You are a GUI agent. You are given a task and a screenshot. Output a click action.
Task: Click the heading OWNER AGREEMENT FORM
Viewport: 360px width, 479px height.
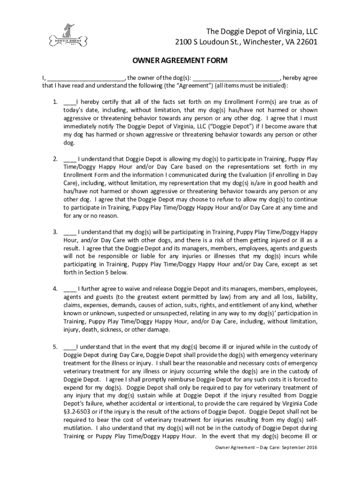180,61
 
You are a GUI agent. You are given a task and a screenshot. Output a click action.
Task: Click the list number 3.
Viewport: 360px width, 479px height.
55,232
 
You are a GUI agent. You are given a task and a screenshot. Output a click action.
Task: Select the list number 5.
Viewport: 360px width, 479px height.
55,347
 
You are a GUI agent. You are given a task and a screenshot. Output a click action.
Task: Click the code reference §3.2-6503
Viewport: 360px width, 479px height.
81,412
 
